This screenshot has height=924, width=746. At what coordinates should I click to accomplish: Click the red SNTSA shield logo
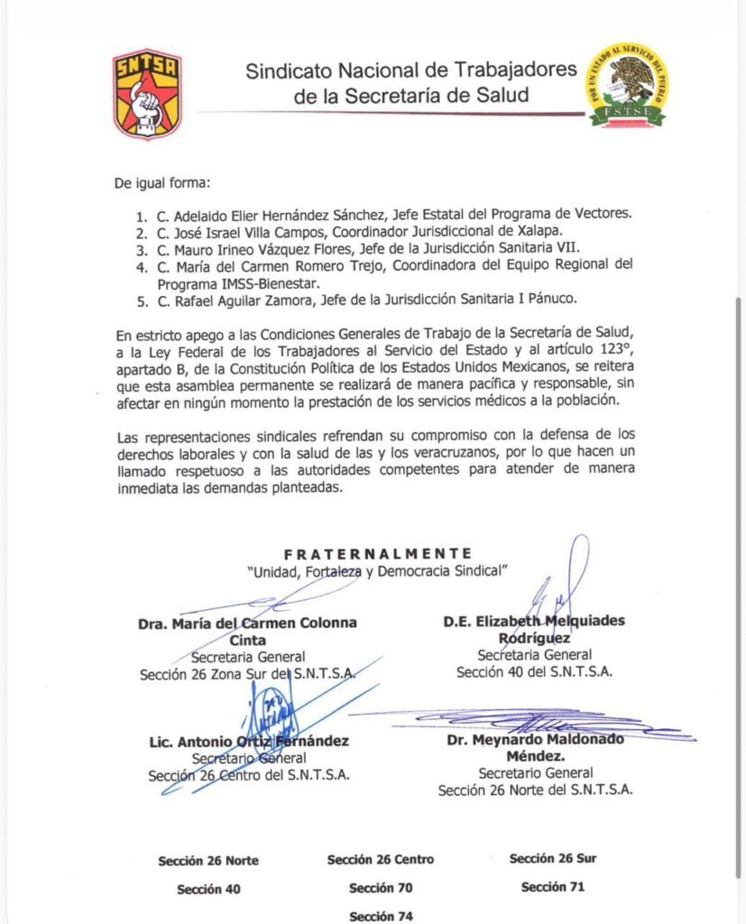[x=147, y=93]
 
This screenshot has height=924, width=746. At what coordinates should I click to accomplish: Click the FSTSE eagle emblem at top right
[x=628, y=86]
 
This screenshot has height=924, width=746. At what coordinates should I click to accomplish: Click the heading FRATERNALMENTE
[x=377, y=553]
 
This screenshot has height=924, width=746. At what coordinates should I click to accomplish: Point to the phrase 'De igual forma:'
[x=161, y=184]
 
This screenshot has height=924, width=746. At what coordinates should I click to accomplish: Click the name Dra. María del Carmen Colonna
[x=247, y=623]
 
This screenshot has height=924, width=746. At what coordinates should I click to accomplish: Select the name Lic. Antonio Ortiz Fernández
[x=249, y=742]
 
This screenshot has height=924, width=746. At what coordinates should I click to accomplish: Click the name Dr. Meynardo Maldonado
[x=536, y=740]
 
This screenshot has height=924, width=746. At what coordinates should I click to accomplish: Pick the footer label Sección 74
[x=381, y=916]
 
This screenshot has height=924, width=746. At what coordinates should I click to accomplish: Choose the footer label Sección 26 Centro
[x=380, y=859]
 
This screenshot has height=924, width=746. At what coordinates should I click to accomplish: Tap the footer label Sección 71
[x=552, y=887]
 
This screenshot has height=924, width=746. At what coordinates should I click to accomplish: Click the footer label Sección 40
[x=208, y=889]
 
